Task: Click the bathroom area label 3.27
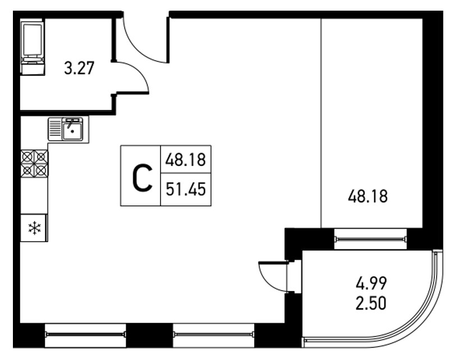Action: click(x=79, y=68)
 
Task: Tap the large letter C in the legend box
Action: click(x=142, y=178)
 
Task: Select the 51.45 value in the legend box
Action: click(x=186, y=190)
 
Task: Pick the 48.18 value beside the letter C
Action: click(x=186, y=160)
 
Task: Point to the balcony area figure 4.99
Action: click(x=371, y=283)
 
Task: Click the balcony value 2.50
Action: click(x=371, y=303)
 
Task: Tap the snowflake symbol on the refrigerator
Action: click(x=34, y=228)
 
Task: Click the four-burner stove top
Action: click(x=34, y=163)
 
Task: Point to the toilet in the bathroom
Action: click(x=33, y=47)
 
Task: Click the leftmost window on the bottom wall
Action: click(x=85, y=334)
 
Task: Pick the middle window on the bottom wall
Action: click(x=213, y=334)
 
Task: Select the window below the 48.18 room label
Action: click(x=370, y=239)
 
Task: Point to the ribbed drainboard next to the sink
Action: click(x=54, y=130)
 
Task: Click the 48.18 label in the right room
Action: click(x=368, y=197)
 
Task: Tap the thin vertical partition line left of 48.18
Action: click(x=321, y=123)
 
